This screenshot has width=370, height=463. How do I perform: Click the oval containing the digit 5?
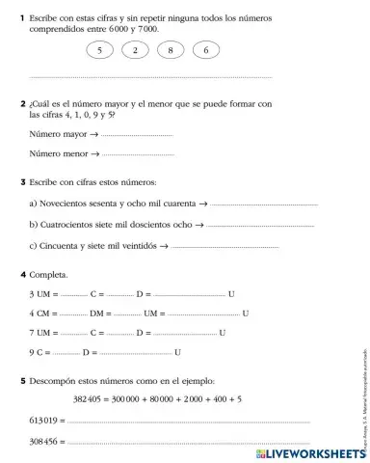pyautogui.click(x=98, y=50)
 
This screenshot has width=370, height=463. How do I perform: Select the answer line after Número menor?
pyautogui.click(x=137, y=153)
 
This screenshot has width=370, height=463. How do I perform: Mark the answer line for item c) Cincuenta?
pyautogui.click(x=225, y=246)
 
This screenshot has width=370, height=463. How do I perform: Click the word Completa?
pyautogui.click(x=50, y=275)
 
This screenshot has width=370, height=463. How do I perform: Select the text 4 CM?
pyautogui.click(x=40, y=313)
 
